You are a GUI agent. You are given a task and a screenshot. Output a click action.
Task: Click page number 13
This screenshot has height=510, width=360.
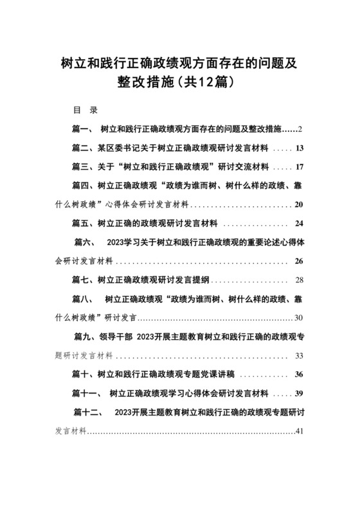tap(298, 150)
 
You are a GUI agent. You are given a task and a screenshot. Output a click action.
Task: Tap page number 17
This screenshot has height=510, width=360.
tap(298, 168)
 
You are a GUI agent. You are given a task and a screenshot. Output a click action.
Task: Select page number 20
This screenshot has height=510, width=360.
tap(298, 206)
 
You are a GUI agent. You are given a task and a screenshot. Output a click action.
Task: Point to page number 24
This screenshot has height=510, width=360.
tap(298, 224)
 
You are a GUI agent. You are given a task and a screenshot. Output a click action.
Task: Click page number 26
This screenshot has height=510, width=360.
tap(298, 262)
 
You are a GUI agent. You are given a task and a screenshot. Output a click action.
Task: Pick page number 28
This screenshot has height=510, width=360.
tap(299, 281)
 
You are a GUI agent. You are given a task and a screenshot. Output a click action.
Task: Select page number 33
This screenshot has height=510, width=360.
tap(299, 356)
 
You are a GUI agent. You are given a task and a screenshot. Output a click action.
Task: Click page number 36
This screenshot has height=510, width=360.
tap(298, 375)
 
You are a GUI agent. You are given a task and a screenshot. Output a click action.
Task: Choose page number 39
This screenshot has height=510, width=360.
tap(298, 394)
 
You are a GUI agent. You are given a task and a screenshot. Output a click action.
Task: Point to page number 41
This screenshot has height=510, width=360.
tap(298, 431)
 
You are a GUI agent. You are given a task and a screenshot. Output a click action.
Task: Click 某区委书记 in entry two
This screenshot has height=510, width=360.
tap(114, 150)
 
